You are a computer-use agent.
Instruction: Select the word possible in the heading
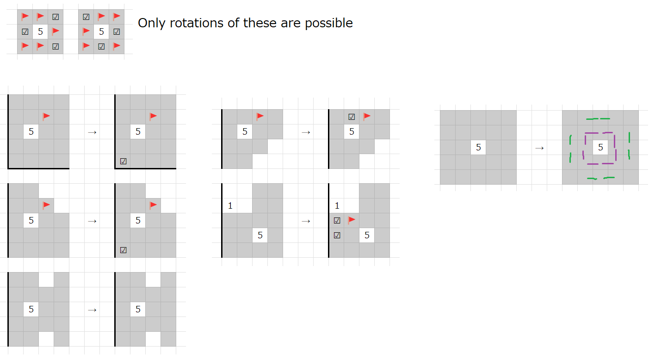pyautogui.click(x=329, y=24)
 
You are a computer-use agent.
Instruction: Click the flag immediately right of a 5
pyautogui.click(x=55, y=31)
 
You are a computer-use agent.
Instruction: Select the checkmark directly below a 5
pyautogui.click(x=101, y=46)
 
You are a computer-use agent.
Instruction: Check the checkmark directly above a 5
pyautogui.click(x=352, y=117)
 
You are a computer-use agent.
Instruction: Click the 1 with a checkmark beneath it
pyautogui.click(x=337, y=206)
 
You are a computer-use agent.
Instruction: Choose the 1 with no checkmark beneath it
pyautogui.click(x=230, y=206)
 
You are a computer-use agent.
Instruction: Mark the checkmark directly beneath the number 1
pyautogui.click(x=337, y=221)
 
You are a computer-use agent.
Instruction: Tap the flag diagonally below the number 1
pyautogui.click(x=352, y=220)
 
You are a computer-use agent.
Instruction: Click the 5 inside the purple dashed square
pyautogui.click(x=600, y=147)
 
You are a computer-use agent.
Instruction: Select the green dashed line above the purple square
pyautogui.click(x=598, y=119)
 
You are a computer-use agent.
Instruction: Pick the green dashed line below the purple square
pyautogui.click(x=600, y=178)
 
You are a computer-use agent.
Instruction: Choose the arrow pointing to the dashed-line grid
pyautogui.click(x=539, y=148)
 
